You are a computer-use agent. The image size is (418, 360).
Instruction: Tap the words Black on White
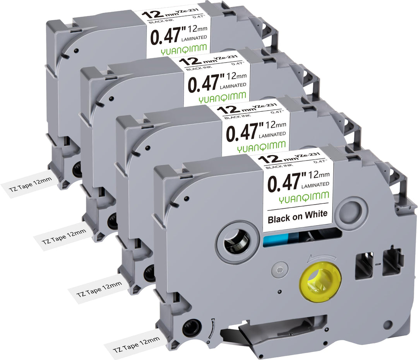point(298,216)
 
